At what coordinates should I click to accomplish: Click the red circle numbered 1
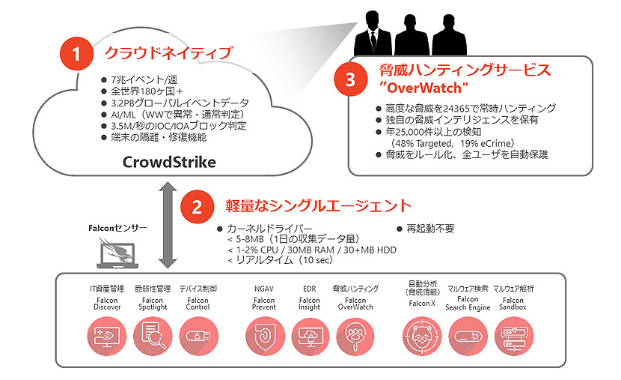tap(76, 53)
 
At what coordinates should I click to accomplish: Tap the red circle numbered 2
tap(197, 207)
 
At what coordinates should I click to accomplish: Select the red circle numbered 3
tap(350, 79)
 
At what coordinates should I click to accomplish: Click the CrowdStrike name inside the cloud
tap(169, 162)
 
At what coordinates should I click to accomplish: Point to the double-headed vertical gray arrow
tap(168, 225)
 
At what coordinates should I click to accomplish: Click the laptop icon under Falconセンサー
tap(117, 254)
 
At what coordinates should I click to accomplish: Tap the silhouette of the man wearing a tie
tap(373, 34)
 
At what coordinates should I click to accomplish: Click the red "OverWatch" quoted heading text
tap(423, 88)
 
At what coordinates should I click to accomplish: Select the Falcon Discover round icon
tap(106, 337)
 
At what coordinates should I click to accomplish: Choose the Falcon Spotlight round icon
tap(153, 337)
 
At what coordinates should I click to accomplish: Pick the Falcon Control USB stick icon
tap(199, 337)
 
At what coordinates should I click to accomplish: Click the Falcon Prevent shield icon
tap(265, 337)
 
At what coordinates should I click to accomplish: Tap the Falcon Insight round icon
tap(310, 337)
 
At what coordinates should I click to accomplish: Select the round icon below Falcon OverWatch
tap(355, 337)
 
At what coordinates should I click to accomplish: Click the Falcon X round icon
tap(422, 337)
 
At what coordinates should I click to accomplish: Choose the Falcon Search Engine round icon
tap(468, 337)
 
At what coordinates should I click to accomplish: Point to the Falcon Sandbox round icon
tap(514, 337)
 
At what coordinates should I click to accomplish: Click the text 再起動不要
tap(430, 229)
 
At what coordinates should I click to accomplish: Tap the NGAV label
tap(264, 289)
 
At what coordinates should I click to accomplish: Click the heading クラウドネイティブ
tap(168, 52)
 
